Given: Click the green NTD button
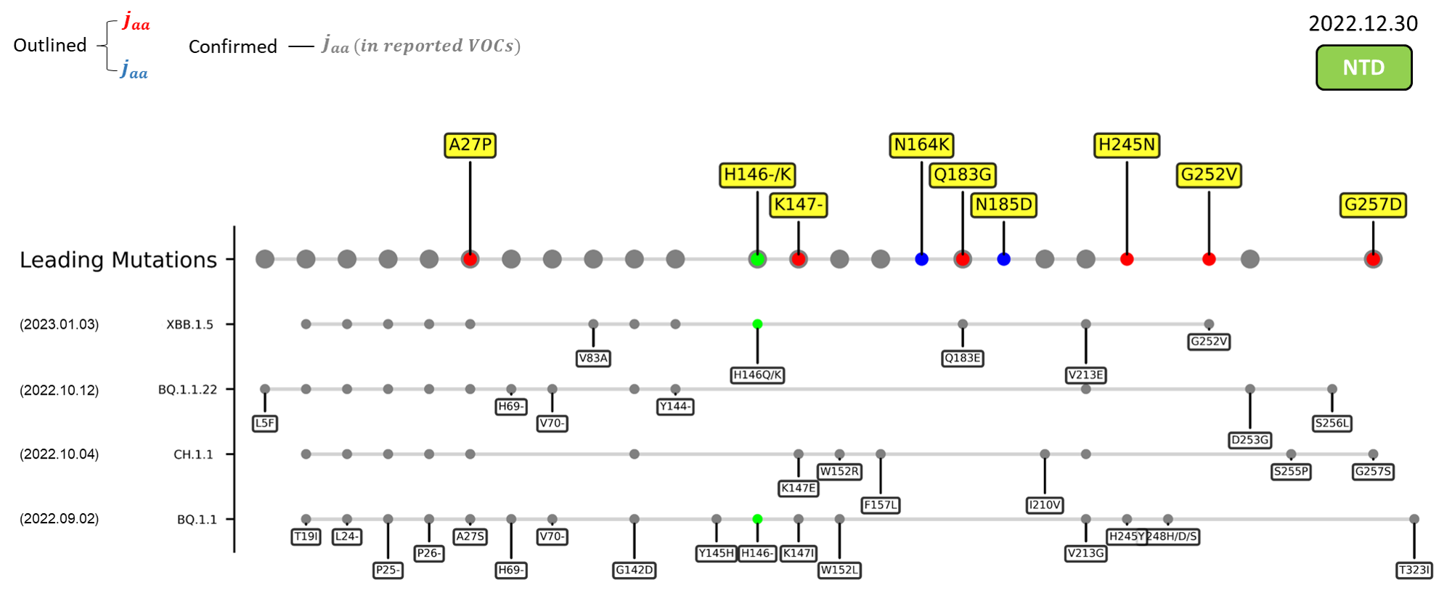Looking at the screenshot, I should pyautogui.click(x=1363, y=68).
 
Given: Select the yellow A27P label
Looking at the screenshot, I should pyautogui.click(x=470, y=145).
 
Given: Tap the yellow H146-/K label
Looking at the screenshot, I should pyautogui.click(x=757, y=175).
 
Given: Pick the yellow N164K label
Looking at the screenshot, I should pyautogui.click(x=921, y=145).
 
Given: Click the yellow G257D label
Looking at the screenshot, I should pyautogui.click(x=1372, y=205).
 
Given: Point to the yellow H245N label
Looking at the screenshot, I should pyautogui.click(x=1126, y=145).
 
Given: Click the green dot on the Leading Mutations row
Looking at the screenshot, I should pyautogui.click(x=757, y=259).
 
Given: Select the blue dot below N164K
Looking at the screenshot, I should pyautogui.click(x=921, y=259).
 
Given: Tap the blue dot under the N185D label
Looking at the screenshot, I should pyautogui.click(x=1003, y=259).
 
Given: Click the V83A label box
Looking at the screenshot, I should pyautogui.click(x=593, y=358).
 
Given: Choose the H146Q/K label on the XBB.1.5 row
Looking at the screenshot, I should pyautogui.click(x=757, y=375).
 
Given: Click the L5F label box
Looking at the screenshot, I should pyautogui.click(x=265, y=423).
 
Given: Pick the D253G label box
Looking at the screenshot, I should pyautogui.click(x=1249, y=440).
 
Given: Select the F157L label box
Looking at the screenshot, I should pyautogui.click(x=880, y=504).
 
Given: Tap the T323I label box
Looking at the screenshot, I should pyautogui.click(x=1414, y=570).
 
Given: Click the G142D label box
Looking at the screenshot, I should pyautogui.click(x=634, y=570).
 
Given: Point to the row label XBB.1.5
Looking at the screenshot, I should pyautogui.click(x=189, y=324).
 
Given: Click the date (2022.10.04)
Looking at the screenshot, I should pyautogui.click(x=60, y=454).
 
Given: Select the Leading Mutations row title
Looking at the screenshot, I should pyautogui.click(x=118, y=260).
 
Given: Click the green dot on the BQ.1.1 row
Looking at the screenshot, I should pyautogui.click(x=757, y=519).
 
